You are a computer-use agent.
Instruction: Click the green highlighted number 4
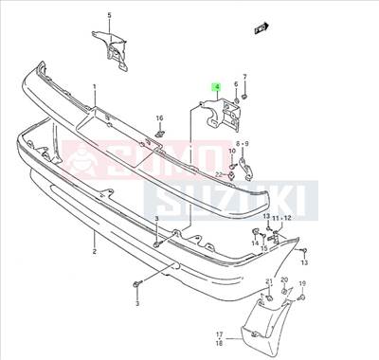click(x=216, y=87)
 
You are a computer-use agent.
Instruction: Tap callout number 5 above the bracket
click(x=109, y=16)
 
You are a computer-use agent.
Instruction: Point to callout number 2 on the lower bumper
click(x=95, y=252)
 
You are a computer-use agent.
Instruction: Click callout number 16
click(x=160, y=117)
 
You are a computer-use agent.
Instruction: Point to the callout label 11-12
click(x=283, y=219)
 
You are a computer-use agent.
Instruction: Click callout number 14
click(x=256, y=243)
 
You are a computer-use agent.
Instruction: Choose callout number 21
click(x=269, y=282)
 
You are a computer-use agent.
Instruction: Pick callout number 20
click(x=285, y=281)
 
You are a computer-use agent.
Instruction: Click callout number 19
click(x=302, y=284)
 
